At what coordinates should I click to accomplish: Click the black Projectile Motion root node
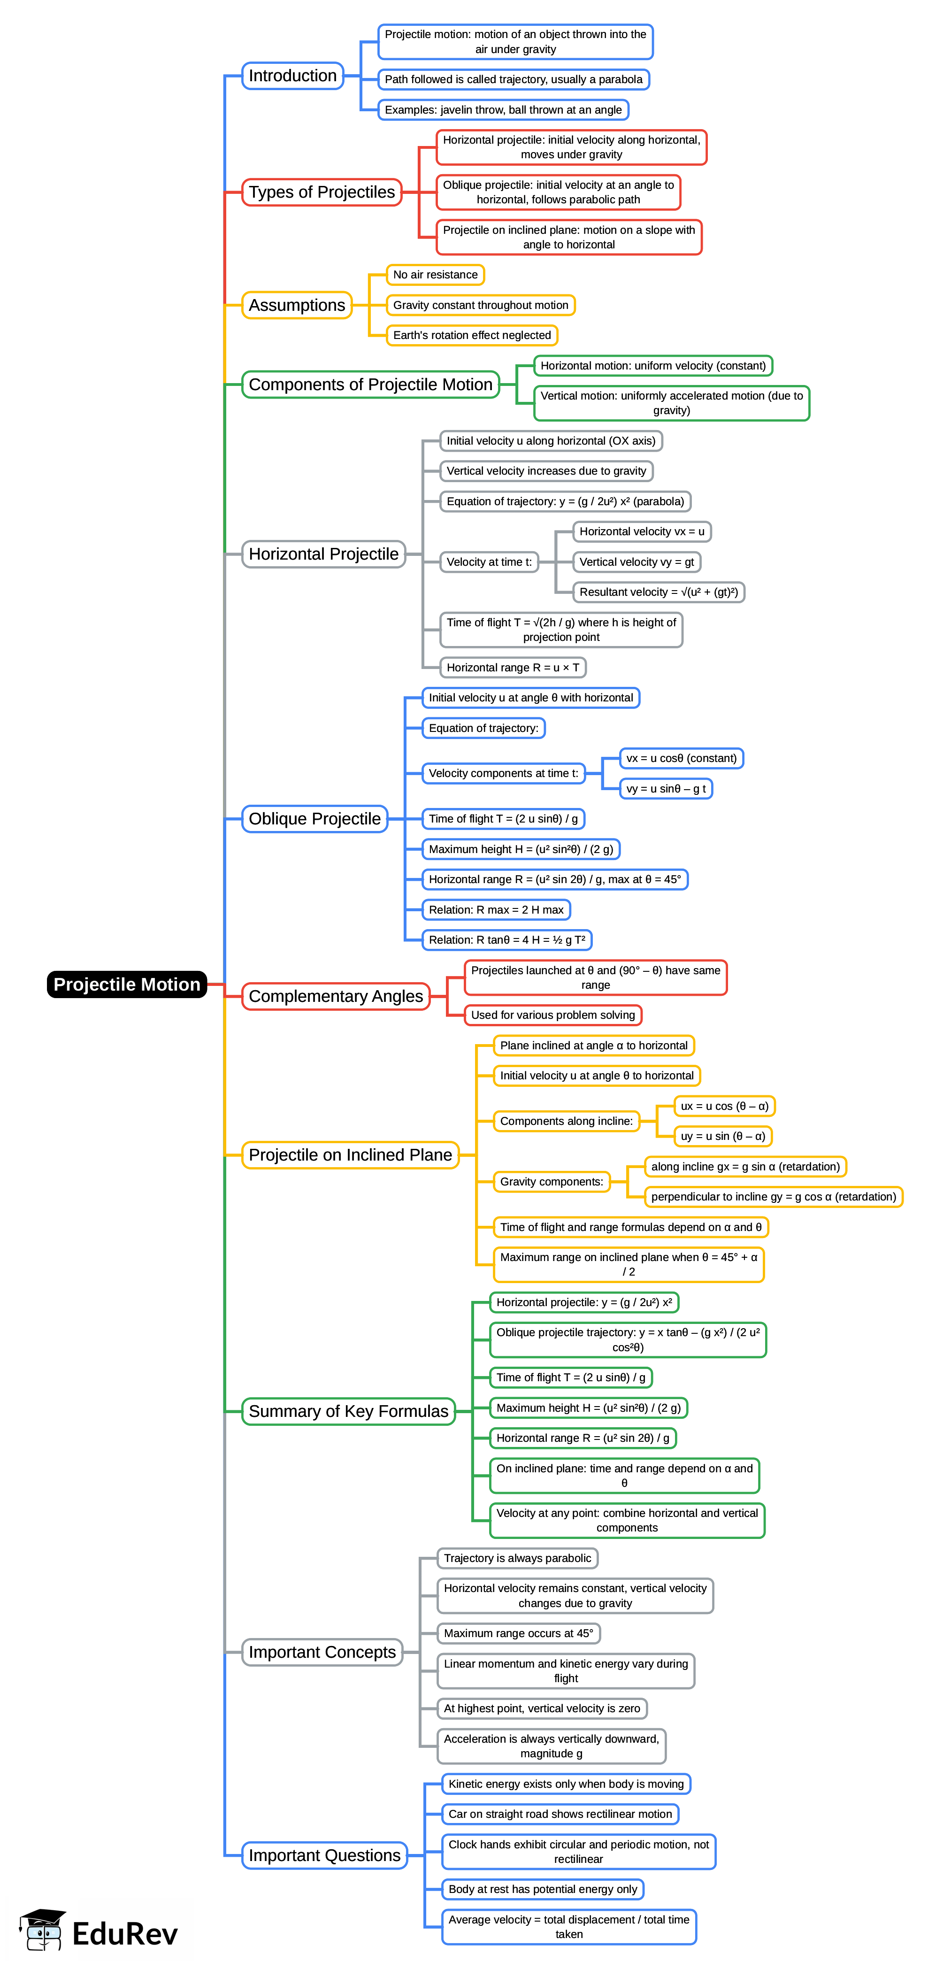pyautogui.click(x=127, y=984)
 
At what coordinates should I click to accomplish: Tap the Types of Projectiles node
pyautogui.click(x=322, y=192)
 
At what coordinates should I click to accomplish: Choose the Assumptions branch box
pyautogui.click(x=297, y=305)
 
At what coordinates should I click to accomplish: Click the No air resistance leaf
pyautogui.click(x=435, y=274)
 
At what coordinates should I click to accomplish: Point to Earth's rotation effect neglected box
pyautogui.click(x=472, y=335)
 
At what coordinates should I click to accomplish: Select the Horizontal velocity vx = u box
pyautogui.click(x=641, y=531)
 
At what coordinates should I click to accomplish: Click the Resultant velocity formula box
pyautogui.click(x=658, y=592)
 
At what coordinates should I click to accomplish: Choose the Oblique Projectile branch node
pyautogui.click(x=314, y=819)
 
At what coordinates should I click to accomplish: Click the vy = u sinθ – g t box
pyautogui.click(x=666, y=788)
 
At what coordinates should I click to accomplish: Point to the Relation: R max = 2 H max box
pyautogui.click(x=496, y=909)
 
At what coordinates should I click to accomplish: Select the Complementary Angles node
pyautogui.click(x=336, y=996)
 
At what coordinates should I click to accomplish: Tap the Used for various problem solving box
pyautogui.click(x=552, y=1015)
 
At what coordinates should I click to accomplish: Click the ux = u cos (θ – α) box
pyautogui.click(x=724, y=1106)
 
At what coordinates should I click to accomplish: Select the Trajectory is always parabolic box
pyautogui.click(x=518, y=1558)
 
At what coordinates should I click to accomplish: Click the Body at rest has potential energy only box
pyautogui.click(x=543, y=1889)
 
